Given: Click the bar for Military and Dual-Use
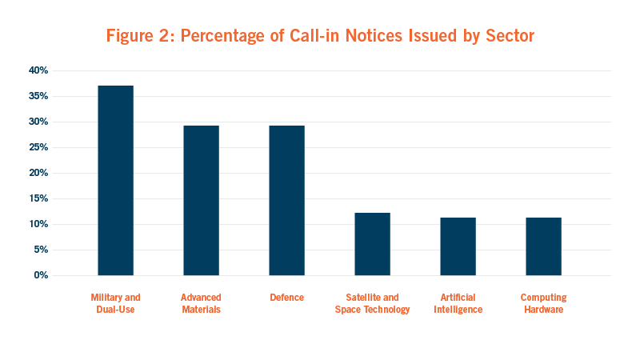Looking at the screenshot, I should coord(115,180).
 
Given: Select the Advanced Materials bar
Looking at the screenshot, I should coord(201,200).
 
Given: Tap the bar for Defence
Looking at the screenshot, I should coord(286,200).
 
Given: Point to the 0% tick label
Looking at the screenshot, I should coord(40,275).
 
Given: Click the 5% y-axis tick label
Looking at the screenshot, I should coord(40,250).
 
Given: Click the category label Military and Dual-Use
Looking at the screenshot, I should coord(115,303).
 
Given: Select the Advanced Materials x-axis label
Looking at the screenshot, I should coord(201,303).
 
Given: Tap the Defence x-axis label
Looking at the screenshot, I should coord(286,298).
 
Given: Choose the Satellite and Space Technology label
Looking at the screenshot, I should coord(372,303).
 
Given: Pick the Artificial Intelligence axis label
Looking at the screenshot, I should coord(458,303).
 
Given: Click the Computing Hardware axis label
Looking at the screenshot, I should coord(543,303).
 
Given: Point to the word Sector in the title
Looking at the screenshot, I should coord(504,36).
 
